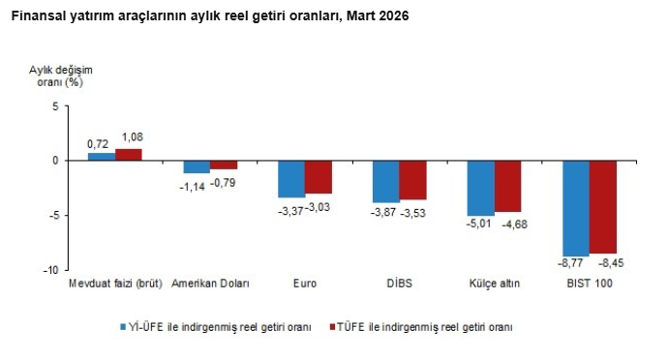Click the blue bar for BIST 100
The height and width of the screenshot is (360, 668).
tap(576, 208)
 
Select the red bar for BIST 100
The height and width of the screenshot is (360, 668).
tap(603, 206)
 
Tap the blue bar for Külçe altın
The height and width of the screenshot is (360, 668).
tap(481, 188)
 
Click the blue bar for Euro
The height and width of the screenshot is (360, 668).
tap(291, 179)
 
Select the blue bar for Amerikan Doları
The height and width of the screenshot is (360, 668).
tap(197, 166)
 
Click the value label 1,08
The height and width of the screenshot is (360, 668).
tap(130, 138)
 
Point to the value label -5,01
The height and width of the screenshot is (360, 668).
tap(481, 225)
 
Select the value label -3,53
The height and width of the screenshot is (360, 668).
tap(414, 212)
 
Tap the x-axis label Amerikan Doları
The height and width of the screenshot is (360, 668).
tap(210, 284)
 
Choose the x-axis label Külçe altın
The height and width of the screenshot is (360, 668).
tap(495, 284)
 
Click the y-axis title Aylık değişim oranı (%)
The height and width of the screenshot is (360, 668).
tap(60, 75)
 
